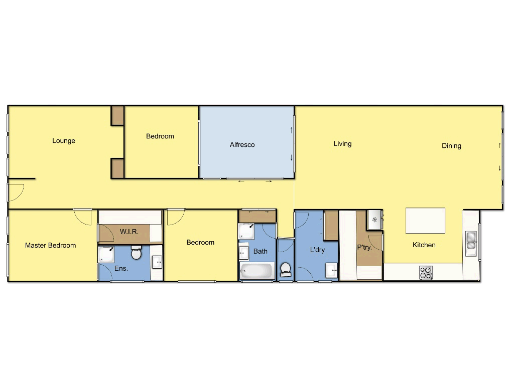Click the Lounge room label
click(x=64, y=141)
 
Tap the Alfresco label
click(x=242, y=145)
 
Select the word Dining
click(x=451, y=146)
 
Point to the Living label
click(x=343, y=144)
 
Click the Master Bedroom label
click(x=51, y=246)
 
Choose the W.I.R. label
click(x=129, y=232)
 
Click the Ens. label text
click(x=121, y=268)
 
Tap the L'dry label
click(x=317, y=250)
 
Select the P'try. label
click(x=364, y=247)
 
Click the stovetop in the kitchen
click(x=426, y=273)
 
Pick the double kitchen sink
click(x=471, y=241)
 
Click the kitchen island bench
click(x=425, y=221)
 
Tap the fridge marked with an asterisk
click(x=374, y=220)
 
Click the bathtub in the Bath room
click(x=256, y=271)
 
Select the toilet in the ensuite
click(x=136, y=253)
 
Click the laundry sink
click(x=332, y=271)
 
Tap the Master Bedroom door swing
click(x=83, y=217)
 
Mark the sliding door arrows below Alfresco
click(x=255, y=181)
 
